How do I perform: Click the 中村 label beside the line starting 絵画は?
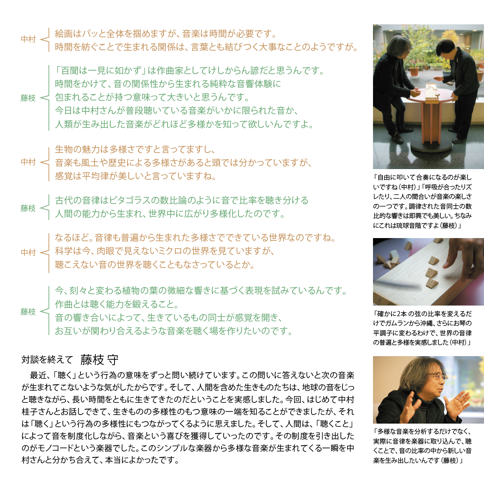coord(28,40)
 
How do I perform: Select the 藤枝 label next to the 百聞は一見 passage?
coord(28,98)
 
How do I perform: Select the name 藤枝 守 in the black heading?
coord(99,360)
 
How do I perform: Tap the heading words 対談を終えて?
coord(47,360)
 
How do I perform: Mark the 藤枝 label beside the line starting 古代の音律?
coord(28,208)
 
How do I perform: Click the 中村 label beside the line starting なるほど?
coord(28,253)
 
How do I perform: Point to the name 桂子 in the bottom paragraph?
coord(30,412)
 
